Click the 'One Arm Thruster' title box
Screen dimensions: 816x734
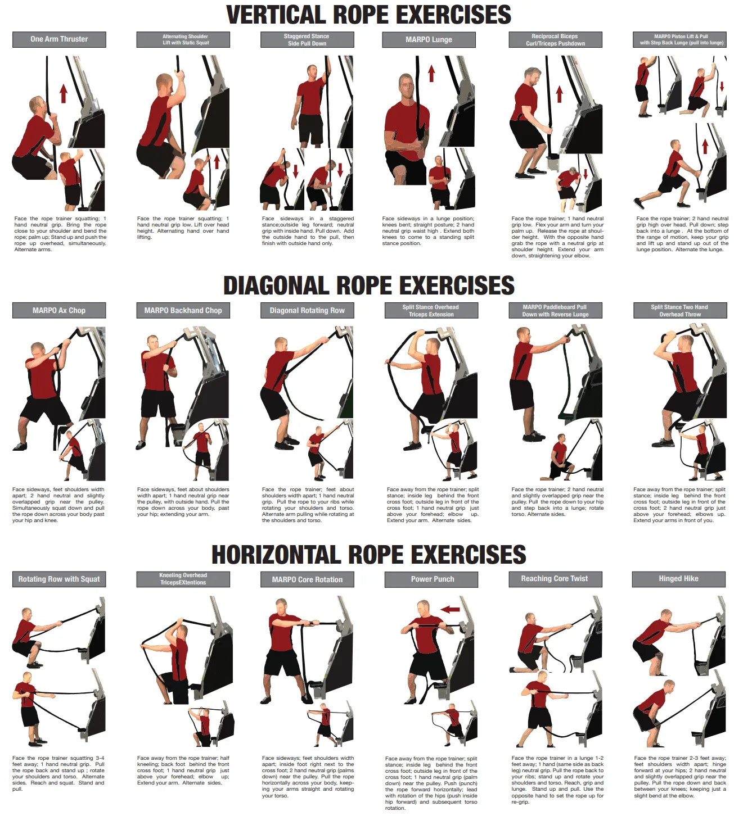59,39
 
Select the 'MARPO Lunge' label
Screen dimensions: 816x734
429,40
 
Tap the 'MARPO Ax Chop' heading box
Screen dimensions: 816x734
59,310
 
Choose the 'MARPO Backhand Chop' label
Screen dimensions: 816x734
183,310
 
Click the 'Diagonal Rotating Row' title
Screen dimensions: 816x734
307,310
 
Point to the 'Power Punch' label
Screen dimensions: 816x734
431,579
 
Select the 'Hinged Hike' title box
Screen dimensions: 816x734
678,579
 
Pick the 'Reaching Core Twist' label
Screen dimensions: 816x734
555,579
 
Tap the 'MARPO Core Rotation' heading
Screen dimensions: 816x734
307,579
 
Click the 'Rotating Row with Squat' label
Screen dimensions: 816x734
59,579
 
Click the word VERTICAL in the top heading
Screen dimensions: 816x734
283,15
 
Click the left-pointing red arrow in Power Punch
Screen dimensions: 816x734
450,609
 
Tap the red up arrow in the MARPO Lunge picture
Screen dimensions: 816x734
431,74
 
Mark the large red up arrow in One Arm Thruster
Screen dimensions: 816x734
64,93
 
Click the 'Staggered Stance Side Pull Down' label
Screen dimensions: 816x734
307,40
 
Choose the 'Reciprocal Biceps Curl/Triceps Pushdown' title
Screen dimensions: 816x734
555,40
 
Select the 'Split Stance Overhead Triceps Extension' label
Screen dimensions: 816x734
431,311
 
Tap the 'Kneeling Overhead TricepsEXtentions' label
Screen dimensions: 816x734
183,579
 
